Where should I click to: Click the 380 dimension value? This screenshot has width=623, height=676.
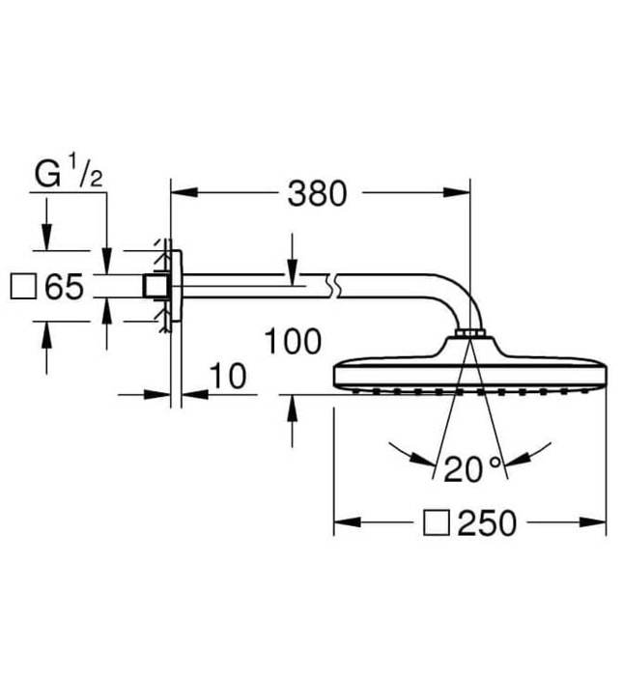coord(316,193)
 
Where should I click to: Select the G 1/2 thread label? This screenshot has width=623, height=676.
coord(69,176)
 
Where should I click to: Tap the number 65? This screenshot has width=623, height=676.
coord(64,287)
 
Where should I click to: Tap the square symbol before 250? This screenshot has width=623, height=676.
coord(437,523)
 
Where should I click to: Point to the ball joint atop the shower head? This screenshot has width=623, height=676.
coord(470,335)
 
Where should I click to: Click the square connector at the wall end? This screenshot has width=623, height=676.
coord(153,287)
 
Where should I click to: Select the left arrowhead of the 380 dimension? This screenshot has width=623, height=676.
coord(180,192)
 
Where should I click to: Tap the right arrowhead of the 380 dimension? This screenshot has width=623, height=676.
coord(463,192)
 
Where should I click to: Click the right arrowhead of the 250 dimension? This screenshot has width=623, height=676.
coord(599,523)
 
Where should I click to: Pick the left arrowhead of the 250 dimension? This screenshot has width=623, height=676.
coord(342,523)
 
